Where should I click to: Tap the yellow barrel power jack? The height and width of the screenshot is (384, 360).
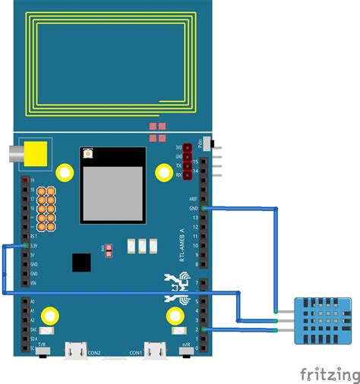tap(34, 154)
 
